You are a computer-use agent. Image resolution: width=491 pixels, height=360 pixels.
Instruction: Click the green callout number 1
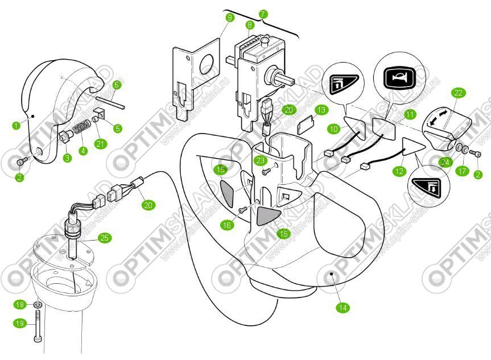(x=16, y=123)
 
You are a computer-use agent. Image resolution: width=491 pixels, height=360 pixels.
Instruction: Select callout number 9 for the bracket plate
(x=229, y=18)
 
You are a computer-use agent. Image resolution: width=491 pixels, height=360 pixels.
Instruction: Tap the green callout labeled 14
(x=342, y=308)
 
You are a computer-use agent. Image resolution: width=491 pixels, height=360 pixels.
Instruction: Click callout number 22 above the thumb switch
(x=459, y=93)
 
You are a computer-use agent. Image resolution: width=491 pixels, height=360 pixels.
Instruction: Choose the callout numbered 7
(x=262, y=13)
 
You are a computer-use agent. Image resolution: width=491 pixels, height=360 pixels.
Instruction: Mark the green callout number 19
(x=20, y=323)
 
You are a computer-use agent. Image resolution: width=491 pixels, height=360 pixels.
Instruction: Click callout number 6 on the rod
(x=116, y=85)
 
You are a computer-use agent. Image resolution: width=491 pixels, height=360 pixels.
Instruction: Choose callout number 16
(x=227, y=225)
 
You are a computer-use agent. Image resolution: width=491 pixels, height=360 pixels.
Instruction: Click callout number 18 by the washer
(x=20, y=305)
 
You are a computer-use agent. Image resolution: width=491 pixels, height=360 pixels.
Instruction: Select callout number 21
(x=101, y=144)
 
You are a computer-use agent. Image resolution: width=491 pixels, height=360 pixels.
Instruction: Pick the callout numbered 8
(x=250, y=25)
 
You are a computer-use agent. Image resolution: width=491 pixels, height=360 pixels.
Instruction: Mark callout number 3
(x=67, y=158)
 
